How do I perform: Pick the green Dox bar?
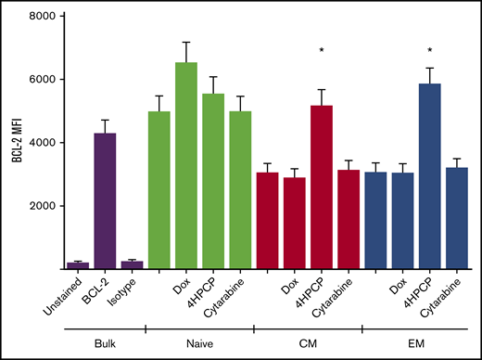186,166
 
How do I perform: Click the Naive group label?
198,342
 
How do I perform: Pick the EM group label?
413,342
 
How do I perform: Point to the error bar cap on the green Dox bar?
186,42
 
